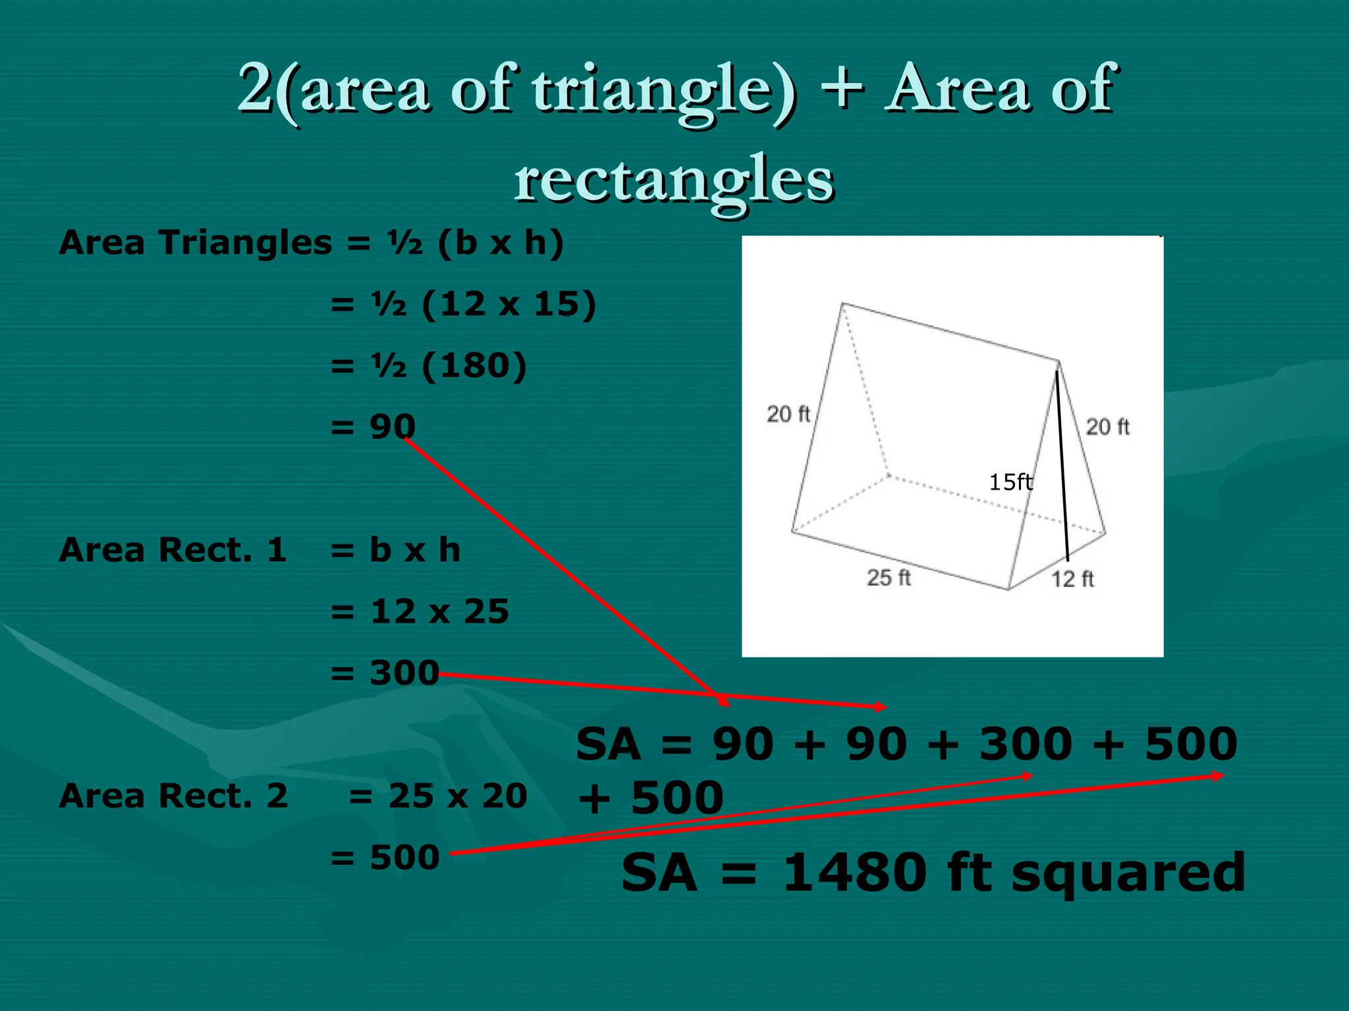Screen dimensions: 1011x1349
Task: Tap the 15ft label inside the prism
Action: point(1010,482)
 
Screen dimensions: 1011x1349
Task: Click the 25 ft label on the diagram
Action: point(889,578)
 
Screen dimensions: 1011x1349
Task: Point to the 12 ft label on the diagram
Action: point(1072,579)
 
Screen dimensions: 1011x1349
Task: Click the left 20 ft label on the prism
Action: point(788,414)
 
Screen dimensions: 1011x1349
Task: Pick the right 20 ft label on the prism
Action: point(1107,427)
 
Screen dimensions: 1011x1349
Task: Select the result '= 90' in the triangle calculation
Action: point(373,427)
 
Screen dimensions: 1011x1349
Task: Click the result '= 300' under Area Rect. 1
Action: point(385,673)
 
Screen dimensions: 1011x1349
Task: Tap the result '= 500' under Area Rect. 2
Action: point(385,857)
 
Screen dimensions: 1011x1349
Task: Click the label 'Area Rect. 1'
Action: point(173,550)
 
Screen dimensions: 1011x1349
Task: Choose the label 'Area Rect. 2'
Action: point(173,796)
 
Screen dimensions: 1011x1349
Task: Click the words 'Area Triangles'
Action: point(195,242)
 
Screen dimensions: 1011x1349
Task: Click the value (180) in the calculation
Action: point(474,365)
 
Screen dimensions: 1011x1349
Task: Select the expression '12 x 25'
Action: point(439,611)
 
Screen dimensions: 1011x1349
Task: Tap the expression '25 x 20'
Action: point(458,796)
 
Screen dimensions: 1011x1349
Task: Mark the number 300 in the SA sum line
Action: point(1026,744)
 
